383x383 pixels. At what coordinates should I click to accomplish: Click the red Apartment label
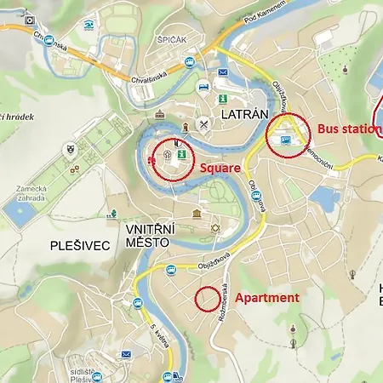[266, 298]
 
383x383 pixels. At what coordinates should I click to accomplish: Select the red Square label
[220, 169]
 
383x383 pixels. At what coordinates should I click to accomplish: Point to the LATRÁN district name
[245, 113]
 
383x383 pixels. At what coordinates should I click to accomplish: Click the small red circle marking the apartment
[206, 299]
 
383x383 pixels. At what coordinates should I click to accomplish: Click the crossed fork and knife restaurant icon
[203, 124]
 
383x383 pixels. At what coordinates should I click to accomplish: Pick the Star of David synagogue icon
[215, 228]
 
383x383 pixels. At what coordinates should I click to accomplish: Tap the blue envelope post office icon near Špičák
[222, 73]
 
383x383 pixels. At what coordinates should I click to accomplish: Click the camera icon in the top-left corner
[31, 18]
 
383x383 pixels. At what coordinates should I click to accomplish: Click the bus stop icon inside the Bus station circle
[285, 140]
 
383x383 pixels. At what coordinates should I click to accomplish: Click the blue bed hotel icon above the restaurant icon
[203, 87]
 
